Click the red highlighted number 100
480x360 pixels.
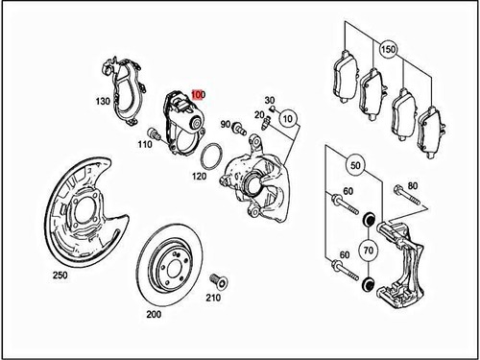coord(198,95)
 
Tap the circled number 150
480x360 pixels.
coord(388,47)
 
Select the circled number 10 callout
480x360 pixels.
coord(289,121)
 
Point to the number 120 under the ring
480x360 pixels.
coord(200,178)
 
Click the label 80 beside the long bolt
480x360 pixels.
coord(414,185)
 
